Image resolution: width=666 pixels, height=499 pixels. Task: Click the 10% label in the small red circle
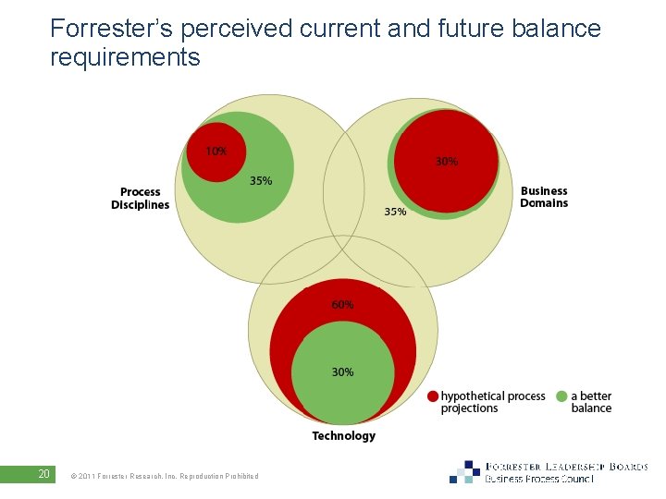click(216, 151)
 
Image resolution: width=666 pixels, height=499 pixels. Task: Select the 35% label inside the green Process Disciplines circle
click(261, 181)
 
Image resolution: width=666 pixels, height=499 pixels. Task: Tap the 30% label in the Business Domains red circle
click(446, 161)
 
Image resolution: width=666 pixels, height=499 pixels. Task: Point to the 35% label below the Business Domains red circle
click(395, 212)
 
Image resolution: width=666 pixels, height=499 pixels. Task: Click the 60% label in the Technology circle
click(342, 304)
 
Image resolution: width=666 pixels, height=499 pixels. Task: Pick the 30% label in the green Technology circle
click(342, 371)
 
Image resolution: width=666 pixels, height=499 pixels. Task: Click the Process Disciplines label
click(141, 199)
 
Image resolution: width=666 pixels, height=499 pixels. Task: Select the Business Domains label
click(543, 197)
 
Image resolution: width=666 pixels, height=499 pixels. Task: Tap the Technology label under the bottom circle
click(343, 435)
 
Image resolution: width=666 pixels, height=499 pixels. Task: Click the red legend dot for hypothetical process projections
click(433, 396)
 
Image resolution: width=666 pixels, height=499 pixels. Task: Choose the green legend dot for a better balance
click(561, 396)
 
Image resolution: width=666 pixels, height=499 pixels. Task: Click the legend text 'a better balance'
click(591, 402)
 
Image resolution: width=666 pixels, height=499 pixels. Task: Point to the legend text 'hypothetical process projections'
click(492, 402)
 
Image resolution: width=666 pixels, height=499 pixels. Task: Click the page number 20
click(43, 474)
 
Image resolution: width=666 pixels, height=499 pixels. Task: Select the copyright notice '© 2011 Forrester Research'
click(164, 476)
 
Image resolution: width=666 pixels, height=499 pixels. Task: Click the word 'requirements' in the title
click(125, 57)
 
